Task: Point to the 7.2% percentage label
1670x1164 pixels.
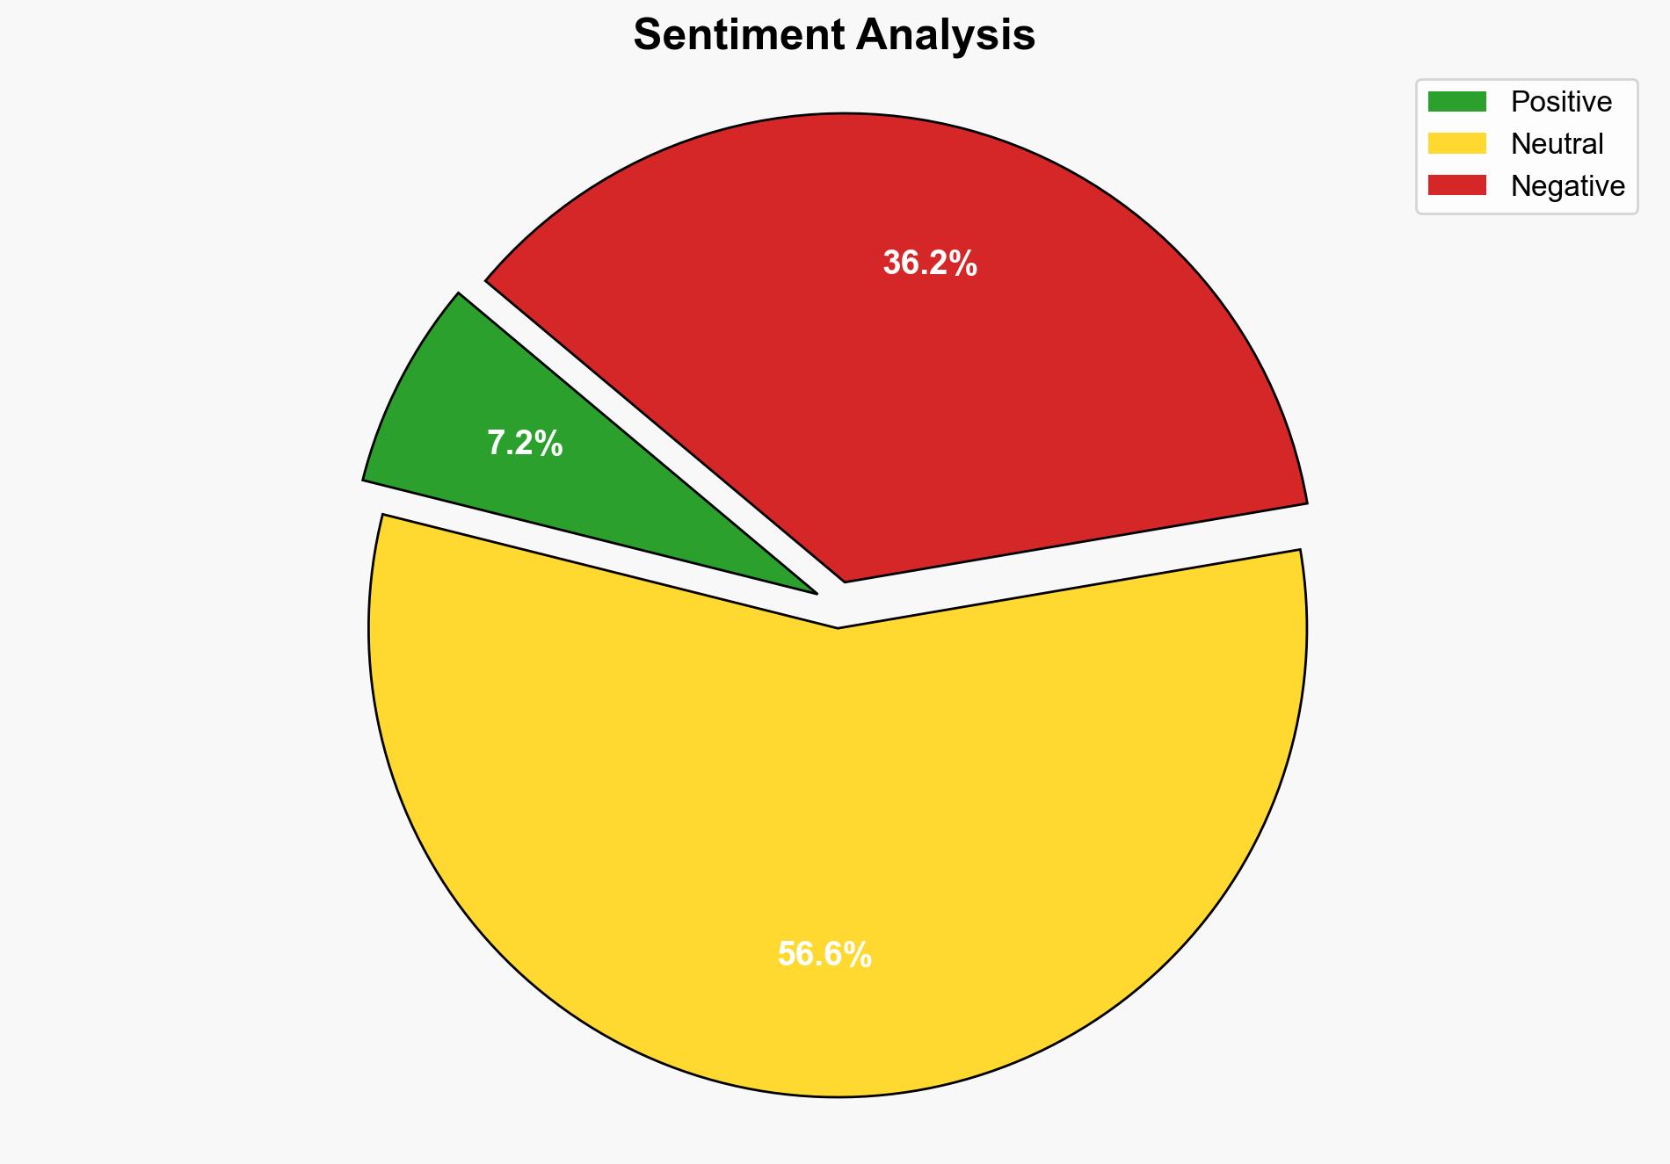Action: tap(525, 444)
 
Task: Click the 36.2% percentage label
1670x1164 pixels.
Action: tap(930, 263)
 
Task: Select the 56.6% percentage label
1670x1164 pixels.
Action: tap(824, 954)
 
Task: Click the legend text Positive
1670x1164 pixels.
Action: tap(1561, 102)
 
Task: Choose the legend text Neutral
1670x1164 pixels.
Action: tap(1557, 144)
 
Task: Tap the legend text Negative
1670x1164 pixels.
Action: tap(1567, 186)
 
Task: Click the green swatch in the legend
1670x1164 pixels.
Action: tap(1456, 102)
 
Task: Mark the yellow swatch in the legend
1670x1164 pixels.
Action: tap(1456, 143)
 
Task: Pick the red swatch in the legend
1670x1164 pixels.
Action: tap(1456, 185)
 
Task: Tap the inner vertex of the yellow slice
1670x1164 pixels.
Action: tap(839, 625)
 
